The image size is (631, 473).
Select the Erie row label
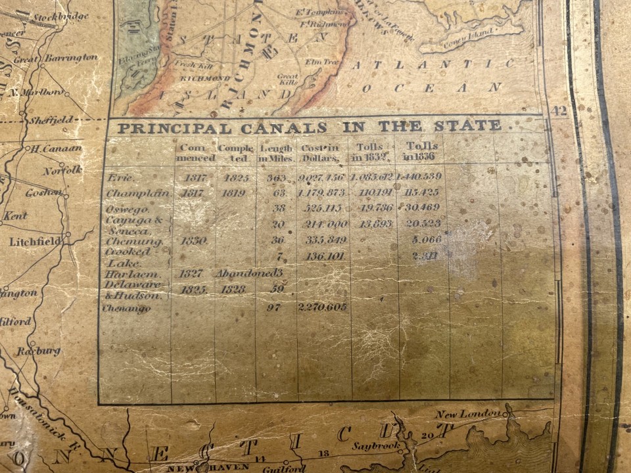pos(120,177)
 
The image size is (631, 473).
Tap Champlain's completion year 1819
pos(233,193)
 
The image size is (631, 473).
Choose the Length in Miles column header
pos(276,152)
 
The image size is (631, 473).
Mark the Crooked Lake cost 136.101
pos(324,256)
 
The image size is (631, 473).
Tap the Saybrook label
pos(376,445)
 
